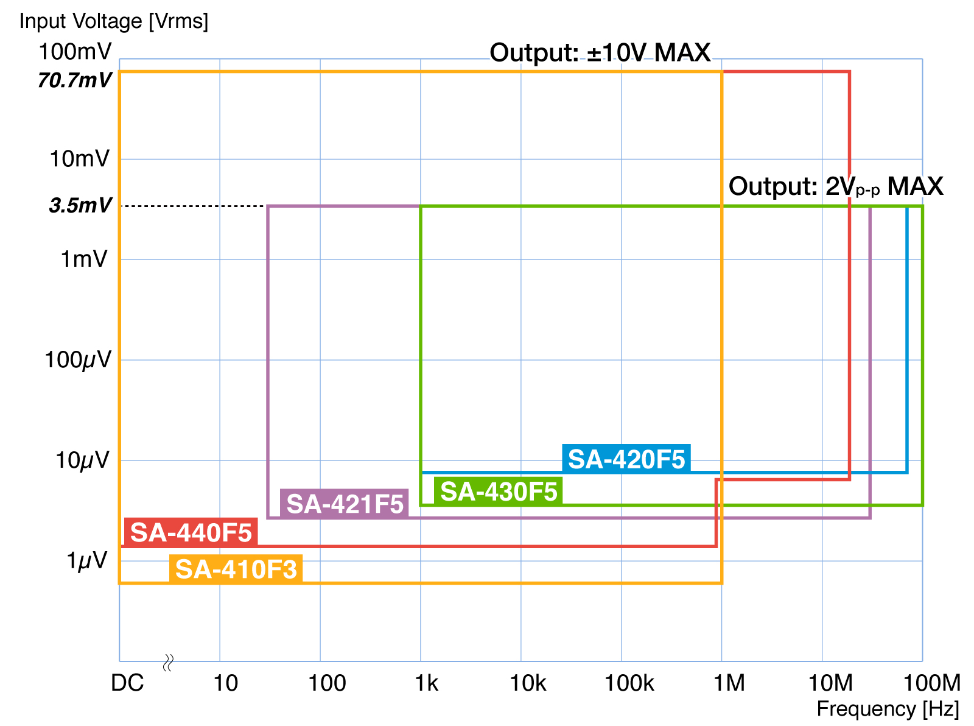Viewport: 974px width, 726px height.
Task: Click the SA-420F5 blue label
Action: [626, 459]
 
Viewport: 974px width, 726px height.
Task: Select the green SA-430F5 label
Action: [499, 492]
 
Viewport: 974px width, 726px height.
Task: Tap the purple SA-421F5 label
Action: [345, 504]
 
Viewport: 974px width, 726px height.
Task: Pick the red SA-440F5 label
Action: [191, 533]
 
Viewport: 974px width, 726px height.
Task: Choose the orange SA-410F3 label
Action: [236, 569]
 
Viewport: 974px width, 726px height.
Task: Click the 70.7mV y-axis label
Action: [75, 80]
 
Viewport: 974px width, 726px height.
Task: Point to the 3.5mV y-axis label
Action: [80, 206]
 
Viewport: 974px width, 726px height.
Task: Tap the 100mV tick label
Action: [75, 52]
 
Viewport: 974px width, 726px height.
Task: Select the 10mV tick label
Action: [80, 159]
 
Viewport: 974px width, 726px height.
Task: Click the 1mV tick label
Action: [84, 259]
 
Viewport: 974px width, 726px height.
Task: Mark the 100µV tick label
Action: [78, 360]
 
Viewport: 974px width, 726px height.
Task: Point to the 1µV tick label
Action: [86, 560]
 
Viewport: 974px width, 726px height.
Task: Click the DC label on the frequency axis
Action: [127, 683]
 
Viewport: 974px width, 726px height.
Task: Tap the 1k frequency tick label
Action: [426, 683]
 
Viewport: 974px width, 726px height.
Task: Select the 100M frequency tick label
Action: [931, 683]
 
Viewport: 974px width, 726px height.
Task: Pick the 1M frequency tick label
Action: [729, 683]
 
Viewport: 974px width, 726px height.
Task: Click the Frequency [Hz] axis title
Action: [888, 709]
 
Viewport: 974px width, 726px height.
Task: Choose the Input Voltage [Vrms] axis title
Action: [114, 21]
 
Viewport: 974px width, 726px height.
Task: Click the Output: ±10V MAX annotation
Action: [600, 53]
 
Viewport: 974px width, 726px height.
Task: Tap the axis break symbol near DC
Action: [169, 663]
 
